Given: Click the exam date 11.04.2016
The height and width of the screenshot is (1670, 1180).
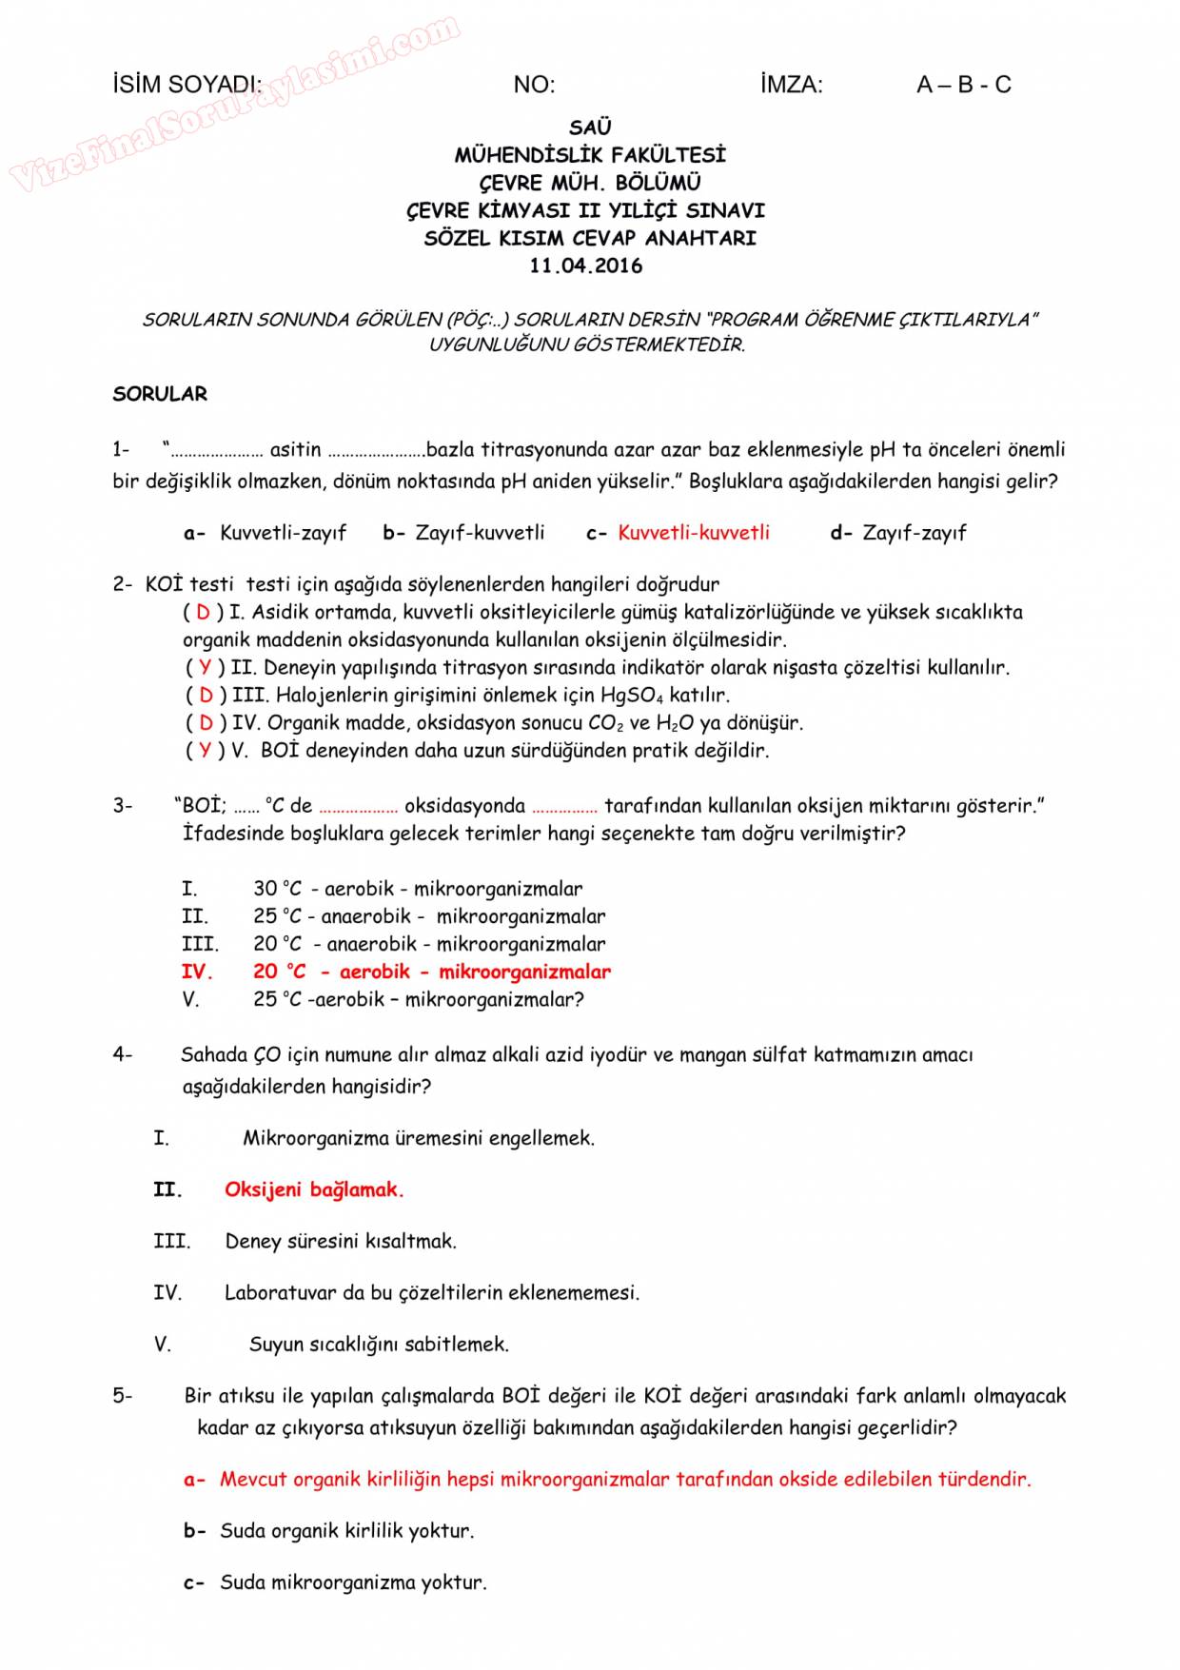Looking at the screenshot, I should coord(586,266).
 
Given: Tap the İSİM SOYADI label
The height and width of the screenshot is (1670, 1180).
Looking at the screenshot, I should coord(187,85).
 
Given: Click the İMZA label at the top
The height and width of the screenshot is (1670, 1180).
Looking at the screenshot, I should coord(791,85).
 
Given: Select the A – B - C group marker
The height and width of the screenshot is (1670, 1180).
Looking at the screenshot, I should coord(963,85).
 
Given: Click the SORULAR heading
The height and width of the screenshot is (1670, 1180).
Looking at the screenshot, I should coord(160,394).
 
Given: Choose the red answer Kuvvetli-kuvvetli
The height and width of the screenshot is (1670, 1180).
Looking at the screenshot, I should coord(694,533).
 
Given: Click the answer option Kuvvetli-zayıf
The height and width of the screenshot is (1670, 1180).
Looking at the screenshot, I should coord(283,533).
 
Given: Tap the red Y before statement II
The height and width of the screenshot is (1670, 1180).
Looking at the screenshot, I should coord(205,668).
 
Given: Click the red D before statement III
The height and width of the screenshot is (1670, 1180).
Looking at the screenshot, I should coord(206,696).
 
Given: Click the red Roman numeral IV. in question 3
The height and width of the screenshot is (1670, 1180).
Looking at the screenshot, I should coord(196,972).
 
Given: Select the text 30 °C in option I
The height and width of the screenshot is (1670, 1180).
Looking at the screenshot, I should coord(277,889).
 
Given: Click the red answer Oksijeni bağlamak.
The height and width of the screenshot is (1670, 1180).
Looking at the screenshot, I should coord(314,1189).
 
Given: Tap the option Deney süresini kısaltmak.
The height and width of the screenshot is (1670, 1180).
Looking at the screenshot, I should coord(341,1241).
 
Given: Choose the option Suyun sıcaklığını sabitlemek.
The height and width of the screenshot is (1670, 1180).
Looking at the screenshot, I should coord(379,1345).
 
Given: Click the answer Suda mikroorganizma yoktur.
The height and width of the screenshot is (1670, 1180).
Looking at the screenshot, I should coord(353,1582).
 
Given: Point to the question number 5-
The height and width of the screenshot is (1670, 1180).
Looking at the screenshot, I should coord(123,1396).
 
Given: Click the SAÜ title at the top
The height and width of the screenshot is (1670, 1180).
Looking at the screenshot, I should coord(590,128).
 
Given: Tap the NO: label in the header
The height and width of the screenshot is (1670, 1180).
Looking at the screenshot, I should coord(534,85).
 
